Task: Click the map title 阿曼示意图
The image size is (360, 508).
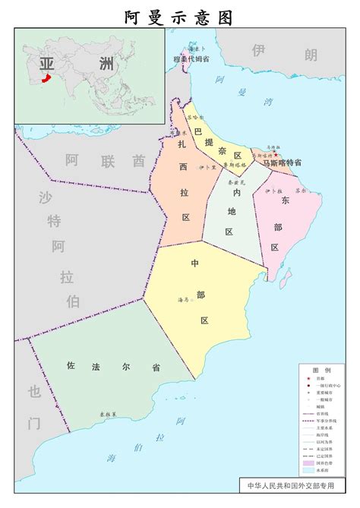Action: tap(180, 17)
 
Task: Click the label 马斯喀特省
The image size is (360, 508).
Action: tap(282, 162)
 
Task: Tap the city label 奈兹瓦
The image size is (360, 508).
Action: tap(235, 182)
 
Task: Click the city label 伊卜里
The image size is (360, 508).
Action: tap(207, 167)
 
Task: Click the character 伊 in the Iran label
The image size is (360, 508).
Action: tap(261, 50)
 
